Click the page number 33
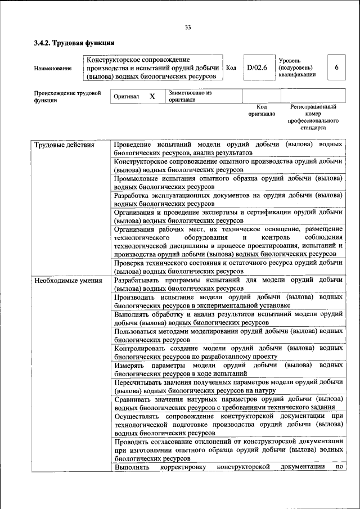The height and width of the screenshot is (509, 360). click(x=188, y=27)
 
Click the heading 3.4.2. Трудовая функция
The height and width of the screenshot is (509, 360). click(x=74, y=43)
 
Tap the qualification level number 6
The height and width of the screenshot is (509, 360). click(x=336, y=67)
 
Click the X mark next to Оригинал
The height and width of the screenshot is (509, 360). click(x=152, y=97)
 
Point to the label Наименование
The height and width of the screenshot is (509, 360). click(x=53, y=68)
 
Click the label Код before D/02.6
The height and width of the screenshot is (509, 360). click(x=231, y=67)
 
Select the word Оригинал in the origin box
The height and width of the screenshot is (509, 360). click(x=126, y=97)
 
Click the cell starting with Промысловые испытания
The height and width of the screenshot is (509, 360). click(x=228, y=182)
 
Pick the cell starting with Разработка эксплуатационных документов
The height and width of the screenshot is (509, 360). click(x=228, y=199)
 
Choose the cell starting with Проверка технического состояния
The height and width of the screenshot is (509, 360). click(x=228, y=267)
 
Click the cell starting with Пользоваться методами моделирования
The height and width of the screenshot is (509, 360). click(x=228, y=335)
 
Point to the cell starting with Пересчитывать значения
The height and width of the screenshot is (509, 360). click(x=228, y=386)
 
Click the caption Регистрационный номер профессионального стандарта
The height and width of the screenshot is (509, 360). click(x=313, y=117)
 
